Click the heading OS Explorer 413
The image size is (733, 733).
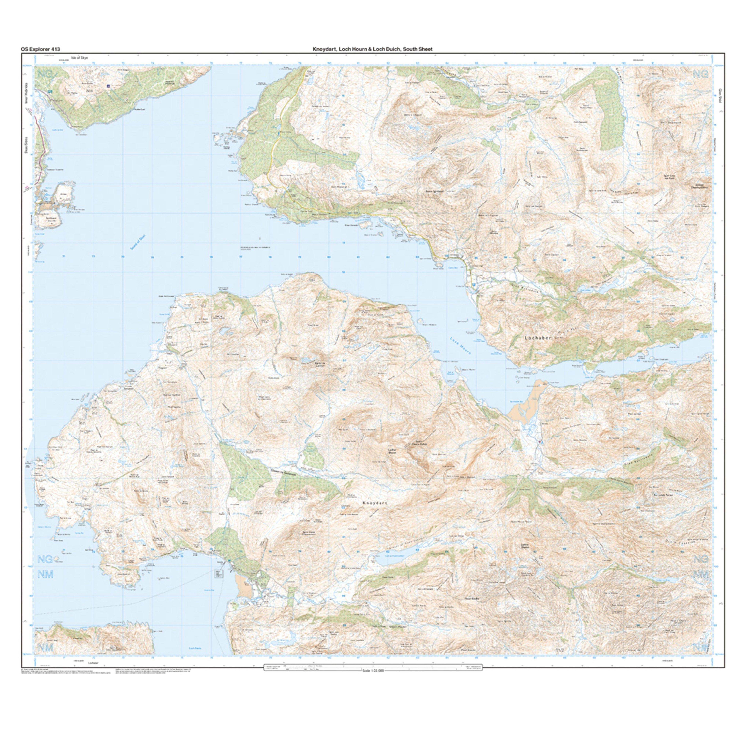[41, 49]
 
